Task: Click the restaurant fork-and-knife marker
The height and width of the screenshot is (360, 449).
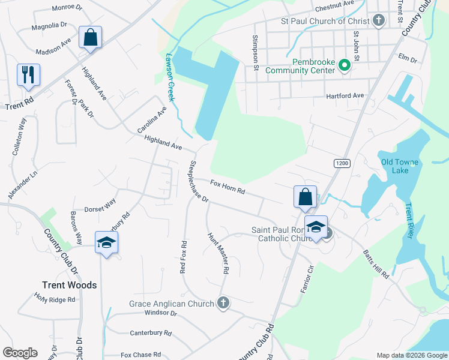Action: [x=28, y=75]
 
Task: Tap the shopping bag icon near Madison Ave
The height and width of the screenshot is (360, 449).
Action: [x=90, y=37]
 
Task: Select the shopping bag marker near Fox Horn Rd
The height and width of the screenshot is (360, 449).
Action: [x=305, y=197]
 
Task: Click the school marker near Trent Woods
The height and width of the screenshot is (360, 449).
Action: [x=106, y=242]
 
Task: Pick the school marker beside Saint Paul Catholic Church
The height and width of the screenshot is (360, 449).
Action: [x=316, y=227]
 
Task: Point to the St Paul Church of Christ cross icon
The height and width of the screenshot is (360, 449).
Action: [x=378, y=21]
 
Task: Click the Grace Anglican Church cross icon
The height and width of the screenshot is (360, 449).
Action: [x=223, y=303]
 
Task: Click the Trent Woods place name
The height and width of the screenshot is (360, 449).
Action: [x=69, y=285]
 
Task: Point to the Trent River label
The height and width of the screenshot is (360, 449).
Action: [x=409, y=221]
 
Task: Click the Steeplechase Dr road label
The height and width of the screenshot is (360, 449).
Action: [x=197, y=181]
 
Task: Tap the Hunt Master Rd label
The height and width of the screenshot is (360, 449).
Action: [x=218, y=253]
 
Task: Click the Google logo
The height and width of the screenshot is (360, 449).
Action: [x=20, y=353]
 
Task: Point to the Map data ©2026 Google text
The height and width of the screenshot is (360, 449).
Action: [x=411, y=355]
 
